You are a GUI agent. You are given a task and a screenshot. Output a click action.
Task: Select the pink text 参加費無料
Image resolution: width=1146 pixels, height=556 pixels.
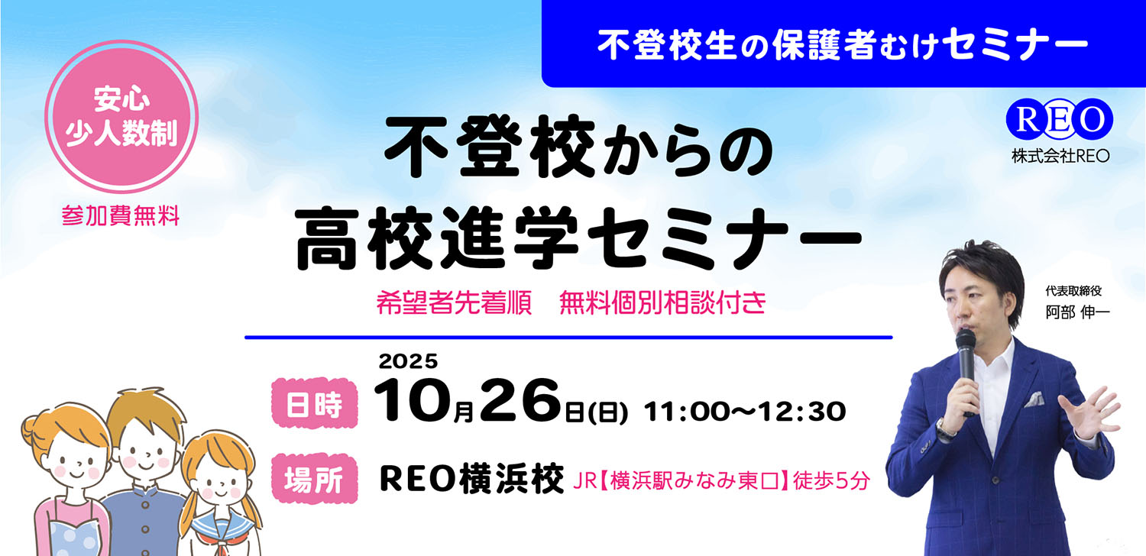point(121,216)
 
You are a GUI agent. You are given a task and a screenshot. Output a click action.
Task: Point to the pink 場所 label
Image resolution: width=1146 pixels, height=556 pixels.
point(315,480)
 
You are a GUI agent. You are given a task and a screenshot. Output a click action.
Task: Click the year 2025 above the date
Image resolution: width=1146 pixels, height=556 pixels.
point(407,360)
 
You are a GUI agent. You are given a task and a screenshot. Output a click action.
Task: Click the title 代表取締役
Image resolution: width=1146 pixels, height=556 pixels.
point(1077,291)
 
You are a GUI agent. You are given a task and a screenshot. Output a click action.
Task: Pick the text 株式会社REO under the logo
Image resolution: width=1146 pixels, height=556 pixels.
point(1060,156)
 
